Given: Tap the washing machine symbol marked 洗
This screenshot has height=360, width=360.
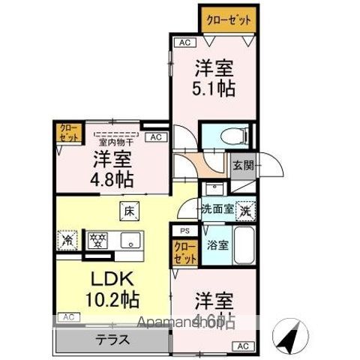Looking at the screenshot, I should [244, 211].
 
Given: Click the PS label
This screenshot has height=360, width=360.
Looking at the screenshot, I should [184, 232].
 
